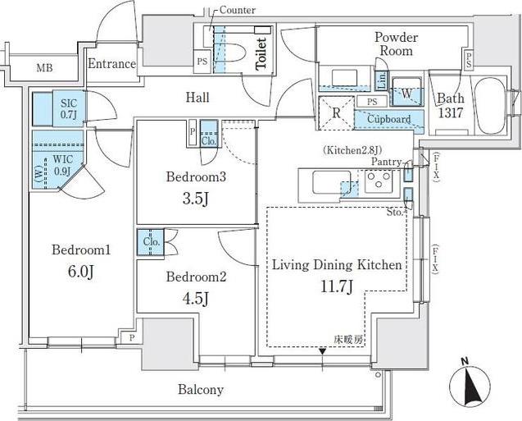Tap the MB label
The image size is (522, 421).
tap(44, 68)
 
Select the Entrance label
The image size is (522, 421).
tap(111, 64)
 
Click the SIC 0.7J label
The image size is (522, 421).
tap(69, 109)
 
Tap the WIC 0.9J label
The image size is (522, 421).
tap(62, 165)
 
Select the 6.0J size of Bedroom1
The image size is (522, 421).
tap(81, 272)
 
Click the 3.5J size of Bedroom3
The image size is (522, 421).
tap(196, 199)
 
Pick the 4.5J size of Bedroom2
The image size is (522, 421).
tap(196, 298)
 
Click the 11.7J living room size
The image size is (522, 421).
tap(337, 286)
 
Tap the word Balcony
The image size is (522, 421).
tap(201, 389)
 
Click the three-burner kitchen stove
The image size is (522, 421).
tap(379, 181)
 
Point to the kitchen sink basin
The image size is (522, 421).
tap(331, 181)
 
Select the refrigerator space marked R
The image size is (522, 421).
tap(336, 112)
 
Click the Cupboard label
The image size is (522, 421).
tap(388, 119)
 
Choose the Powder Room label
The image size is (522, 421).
tap(396, 44)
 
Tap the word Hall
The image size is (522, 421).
tap(197, 98)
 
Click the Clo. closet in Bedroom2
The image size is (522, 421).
tap(151, 242)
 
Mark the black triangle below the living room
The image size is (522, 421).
tap(322, 351)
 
